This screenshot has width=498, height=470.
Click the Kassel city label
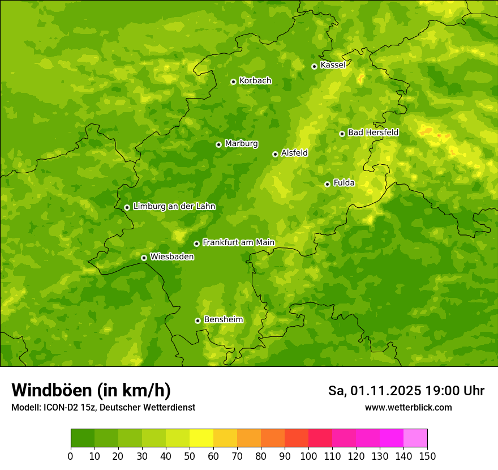tap(333, 65)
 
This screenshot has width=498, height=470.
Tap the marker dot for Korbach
tap(233, 82)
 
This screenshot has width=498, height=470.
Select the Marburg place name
tap(241, 144)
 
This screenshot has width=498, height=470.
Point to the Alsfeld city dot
tap(275, 154)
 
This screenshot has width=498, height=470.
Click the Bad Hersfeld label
tap(373, 133)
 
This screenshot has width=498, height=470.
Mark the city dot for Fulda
tap(327, 184)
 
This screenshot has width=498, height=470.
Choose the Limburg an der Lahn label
tap(174, 207)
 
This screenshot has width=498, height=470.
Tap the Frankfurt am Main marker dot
tap(196, 243)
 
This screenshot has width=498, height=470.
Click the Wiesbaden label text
tap(171, 257)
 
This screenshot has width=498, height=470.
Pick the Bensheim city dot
tap(198, 321)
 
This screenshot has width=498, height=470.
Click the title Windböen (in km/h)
tap(91, 390)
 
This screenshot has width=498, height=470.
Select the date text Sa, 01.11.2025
tap(375, 391)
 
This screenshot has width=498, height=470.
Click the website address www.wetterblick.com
tap(408, 408)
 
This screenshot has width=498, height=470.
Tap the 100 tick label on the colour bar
tap(308, 456)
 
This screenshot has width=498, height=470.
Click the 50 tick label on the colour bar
tap(190, 456)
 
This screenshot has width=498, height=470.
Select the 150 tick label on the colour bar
tap(427, 456)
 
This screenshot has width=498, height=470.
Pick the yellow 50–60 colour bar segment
tap(201, 438)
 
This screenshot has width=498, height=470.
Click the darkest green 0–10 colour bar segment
tap(83, 438)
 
